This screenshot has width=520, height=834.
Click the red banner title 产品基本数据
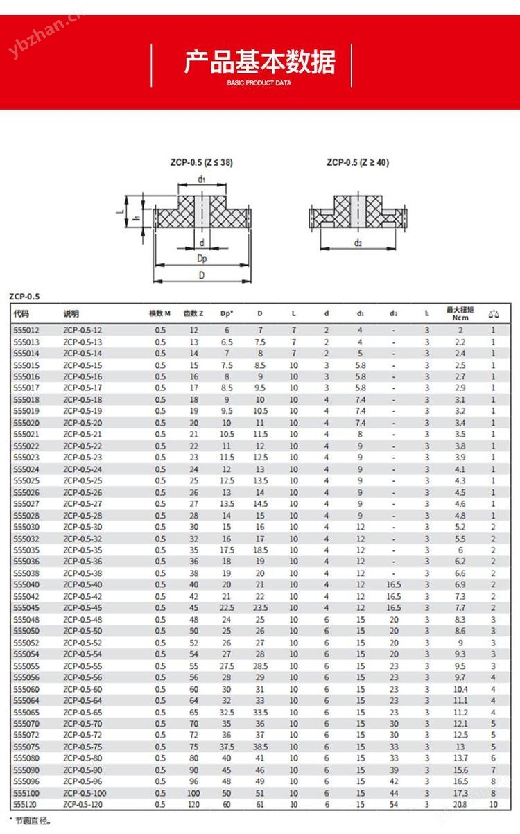coord(260,62)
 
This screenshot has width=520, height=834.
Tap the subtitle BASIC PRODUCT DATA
coord(259,82)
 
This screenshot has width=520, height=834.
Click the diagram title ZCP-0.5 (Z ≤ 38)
coord(201,163)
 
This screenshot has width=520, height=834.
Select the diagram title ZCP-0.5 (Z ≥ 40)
coord(358,163)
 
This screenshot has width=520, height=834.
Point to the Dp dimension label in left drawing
coord(202,259)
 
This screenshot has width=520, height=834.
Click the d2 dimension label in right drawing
coord(358,243)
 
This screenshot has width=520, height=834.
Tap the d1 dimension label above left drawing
coord(201,180)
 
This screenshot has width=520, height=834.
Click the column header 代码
coord(21,313)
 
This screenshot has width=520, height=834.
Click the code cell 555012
coord(26,331)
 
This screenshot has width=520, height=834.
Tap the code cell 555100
coord(26,792)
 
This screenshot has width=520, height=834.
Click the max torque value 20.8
coord(460,804)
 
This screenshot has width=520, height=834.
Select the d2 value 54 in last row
coord(394,804)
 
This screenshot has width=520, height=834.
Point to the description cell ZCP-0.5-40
coord(83,584)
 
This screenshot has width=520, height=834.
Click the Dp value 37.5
coord(226,747)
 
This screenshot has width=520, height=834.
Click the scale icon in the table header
coord(493,313)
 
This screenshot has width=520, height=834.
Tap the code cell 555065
coord(26,712)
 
